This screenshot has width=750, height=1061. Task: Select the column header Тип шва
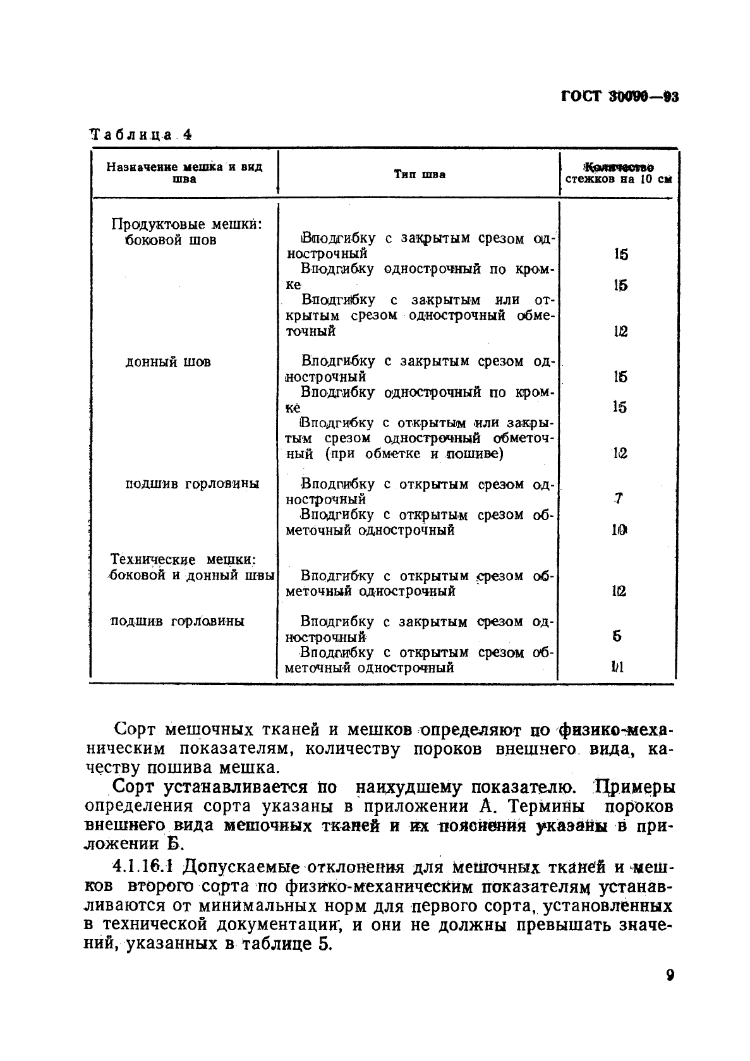(x=420, y=174)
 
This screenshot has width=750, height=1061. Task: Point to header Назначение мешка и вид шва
(x=184, y=173)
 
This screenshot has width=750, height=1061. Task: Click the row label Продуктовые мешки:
(x=186, y=224)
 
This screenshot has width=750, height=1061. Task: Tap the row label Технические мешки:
(x=183, y=560)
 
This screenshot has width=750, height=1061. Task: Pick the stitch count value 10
(x=619, y=530)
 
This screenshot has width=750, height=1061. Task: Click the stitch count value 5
(x=617, y=637)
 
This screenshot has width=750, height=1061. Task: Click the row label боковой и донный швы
(x=192, y=576)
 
